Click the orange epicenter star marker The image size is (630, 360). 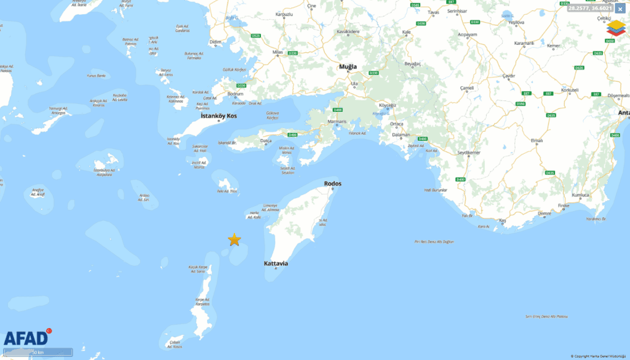(x=234, y=240)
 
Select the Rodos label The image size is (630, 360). (x=332, y=183)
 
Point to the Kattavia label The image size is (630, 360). (x=276, y=263)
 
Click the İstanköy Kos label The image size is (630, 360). (x=218, y=116)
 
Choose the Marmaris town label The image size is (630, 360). (x=337, y=121)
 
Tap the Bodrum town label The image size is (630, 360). (x=236, y=94)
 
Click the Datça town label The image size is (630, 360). (x=266, y=140)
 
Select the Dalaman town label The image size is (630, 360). (x=400, y=134)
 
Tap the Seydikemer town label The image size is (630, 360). (x=468, y=152)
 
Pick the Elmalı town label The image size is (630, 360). (x=537, y=140)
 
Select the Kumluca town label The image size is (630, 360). (x=581, y=195)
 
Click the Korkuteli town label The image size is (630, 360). (x=570, y=90)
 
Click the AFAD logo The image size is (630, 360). (x=26, y=338)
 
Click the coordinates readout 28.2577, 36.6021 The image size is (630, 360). (x=589, y=9)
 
